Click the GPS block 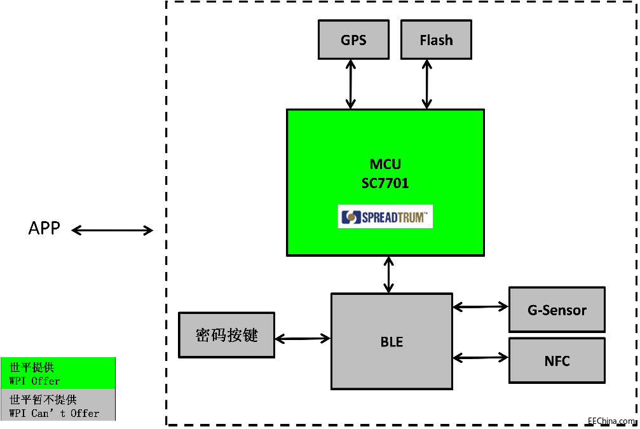pyautogui.click(x=353, y=39)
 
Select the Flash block pyautogui.click(x=436, y=39)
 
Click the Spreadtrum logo pyautogui.click(x=385, y=217)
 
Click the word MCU pyautogui.click(x=385, y=165)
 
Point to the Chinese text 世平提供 pyautogui.click(x=32, y=367)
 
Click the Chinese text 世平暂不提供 pyautogui.click(x=43, y=400)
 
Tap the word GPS pyautogui.click(x=353, y=40)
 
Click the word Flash pyautogui.click(x=436, y=40)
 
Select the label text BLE pyautogui.click(x=391, y=342)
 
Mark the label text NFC pyautogui.click(x=557, y=361)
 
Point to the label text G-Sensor pyautogui.click(x=557, y=310)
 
